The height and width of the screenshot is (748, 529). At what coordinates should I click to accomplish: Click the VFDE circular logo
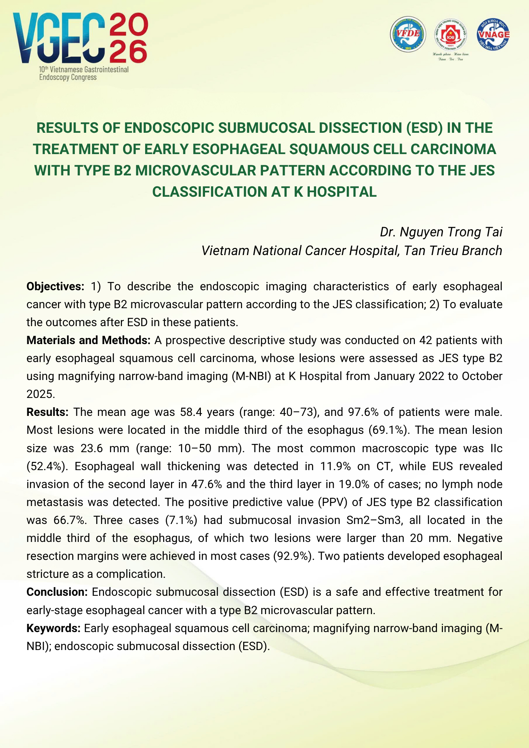point(408,34)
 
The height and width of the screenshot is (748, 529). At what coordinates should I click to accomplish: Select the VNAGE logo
point(493,34)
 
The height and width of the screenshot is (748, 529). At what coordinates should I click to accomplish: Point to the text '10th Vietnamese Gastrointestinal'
point(84,70)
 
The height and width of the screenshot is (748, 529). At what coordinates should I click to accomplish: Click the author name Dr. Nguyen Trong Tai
point(441,232)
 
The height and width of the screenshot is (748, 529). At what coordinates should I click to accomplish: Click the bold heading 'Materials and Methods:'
point(88,340)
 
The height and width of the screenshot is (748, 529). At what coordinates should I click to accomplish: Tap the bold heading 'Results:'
point(47,412)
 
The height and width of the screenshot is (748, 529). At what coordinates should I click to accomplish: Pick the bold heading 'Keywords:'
point(53,628)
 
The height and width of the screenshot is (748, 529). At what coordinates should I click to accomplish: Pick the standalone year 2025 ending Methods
point(40,394)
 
